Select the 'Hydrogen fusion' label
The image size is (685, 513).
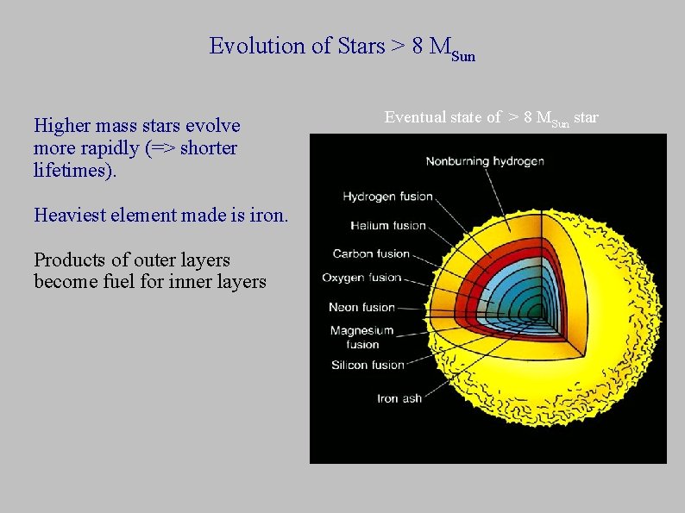[x=387, y=197]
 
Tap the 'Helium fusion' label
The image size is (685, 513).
[x=388, y=226]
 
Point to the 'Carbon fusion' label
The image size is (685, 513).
[x=371, y=253]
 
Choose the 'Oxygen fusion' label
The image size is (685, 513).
[x=361, y=278]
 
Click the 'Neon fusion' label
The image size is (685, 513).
[x=361, y=307]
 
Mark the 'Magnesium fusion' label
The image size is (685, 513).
[x=361, y=337]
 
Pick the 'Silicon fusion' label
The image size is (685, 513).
[x=368, y=365]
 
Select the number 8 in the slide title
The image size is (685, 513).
[x=418, y=46]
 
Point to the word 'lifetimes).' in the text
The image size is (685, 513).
[x=73, y=171]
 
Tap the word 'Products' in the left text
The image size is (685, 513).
[x=68, y=260]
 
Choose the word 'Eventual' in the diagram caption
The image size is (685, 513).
[x=415, y=116]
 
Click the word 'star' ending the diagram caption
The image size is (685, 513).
[x=585, y=116]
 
